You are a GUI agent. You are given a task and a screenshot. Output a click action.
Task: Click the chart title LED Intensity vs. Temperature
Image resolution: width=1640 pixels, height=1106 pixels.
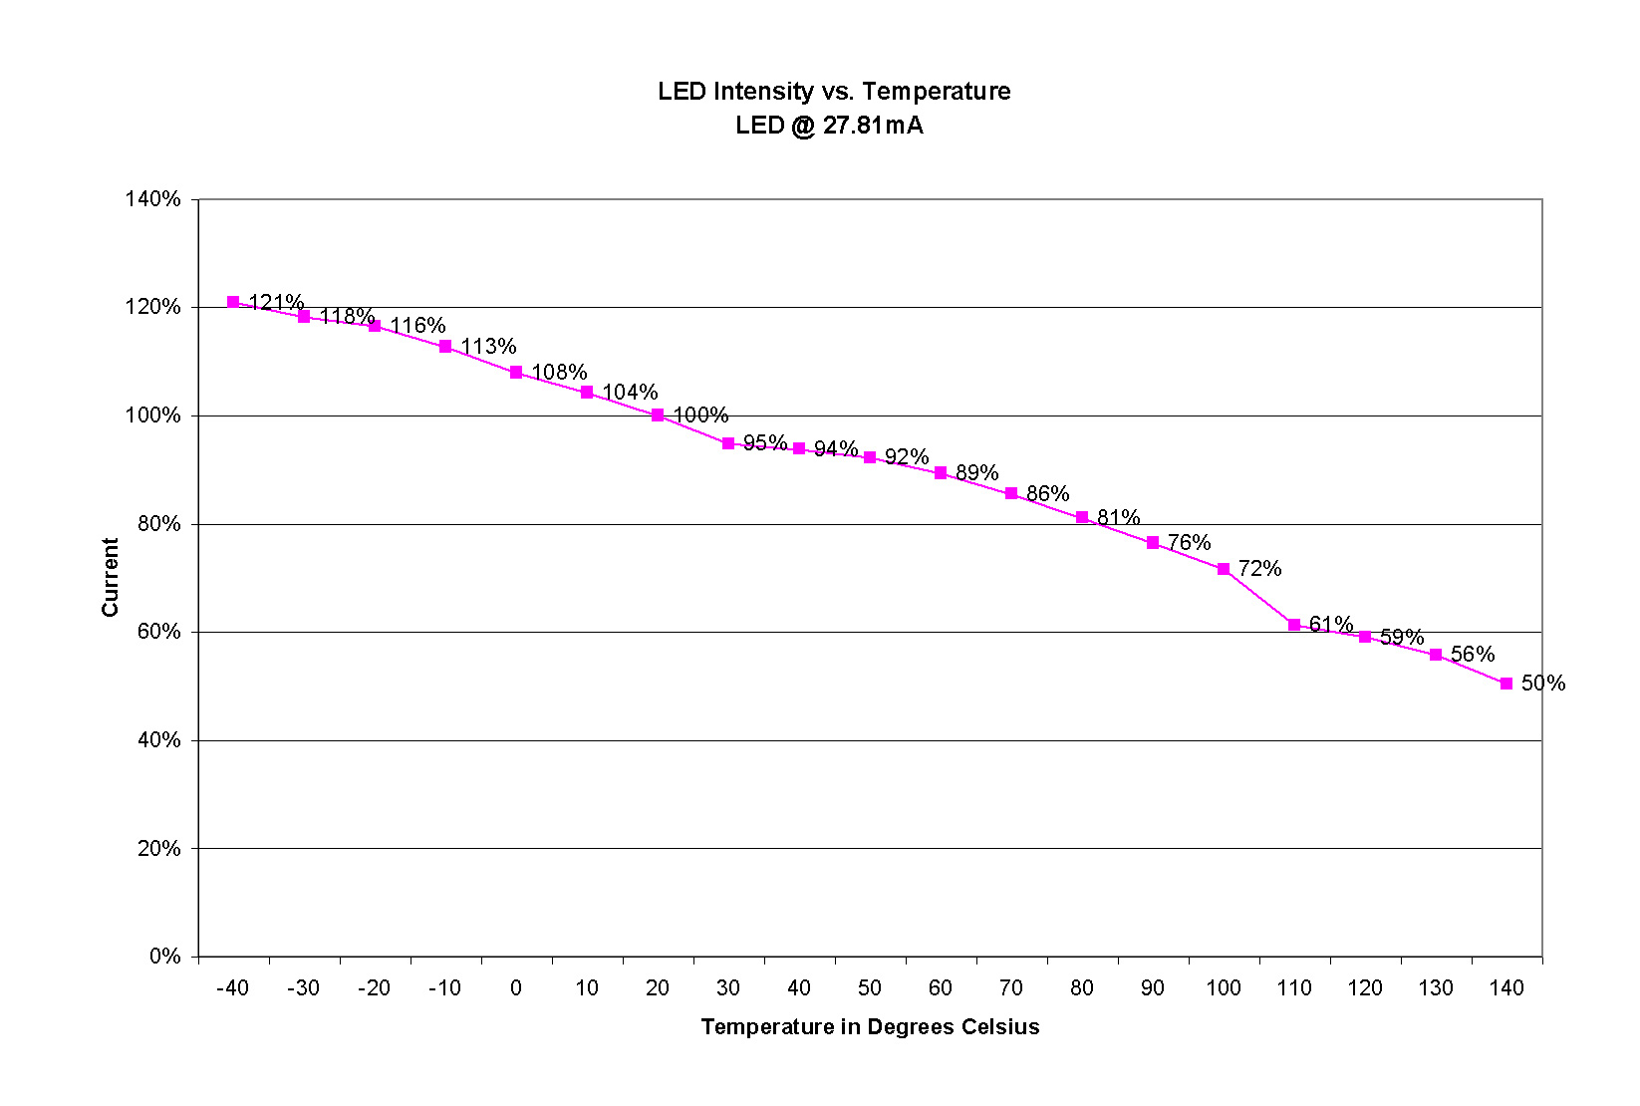pyautogui.click(x=834, y=92)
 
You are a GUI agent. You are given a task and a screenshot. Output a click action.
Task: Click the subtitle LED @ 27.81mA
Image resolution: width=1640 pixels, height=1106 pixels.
pyautogui.click(x=829, y=126)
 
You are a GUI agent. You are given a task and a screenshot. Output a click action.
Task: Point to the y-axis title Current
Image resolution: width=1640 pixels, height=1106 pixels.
pyautogui.click(x=110, y=577)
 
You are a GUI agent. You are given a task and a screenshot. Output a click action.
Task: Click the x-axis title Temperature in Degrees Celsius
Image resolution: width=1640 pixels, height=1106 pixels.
pyautogui.click(x=870, y=1027)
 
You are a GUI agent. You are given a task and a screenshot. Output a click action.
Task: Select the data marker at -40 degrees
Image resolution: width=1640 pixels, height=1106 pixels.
pyautogui.click(x=233, y=302)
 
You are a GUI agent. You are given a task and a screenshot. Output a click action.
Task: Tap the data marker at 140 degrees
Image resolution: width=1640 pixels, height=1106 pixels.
pyautogui.click(x=1506, y=684)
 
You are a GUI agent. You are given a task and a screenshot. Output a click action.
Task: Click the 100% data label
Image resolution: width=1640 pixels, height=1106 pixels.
pyautogui.click(x=700, y=415)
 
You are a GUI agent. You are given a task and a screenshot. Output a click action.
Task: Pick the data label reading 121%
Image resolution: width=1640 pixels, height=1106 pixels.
pyautogui.click(x=276, y=302)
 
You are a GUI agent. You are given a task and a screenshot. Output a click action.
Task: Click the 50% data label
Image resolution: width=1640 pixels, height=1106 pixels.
pyautogui.click(x=1543, y=684)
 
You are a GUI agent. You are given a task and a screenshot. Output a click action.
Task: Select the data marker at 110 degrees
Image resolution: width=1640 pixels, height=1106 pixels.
pyautogui.click(x=1294, y=625)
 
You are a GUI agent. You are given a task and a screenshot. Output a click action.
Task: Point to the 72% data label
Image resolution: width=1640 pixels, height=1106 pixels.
pyautogui.click(x=1260, y=569)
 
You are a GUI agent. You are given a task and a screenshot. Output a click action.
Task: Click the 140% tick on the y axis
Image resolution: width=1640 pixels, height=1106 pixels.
pyautogui.click(x=152, y=199)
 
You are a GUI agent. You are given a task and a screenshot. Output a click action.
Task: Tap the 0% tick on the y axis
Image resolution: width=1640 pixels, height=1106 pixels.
pyautogui.click(x=165, y=957)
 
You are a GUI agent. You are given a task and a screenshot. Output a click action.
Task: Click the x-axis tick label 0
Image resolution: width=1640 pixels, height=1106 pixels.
pyautogui.click(x=516, y=988)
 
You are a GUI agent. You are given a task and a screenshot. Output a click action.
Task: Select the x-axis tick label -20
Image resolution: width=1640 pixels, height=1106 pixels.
pyautogui.click(x=374, y=988)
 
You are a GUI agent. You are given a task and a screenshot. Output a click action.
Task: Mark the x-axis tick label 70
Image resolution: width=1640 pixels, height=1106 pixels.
pyautogui.click(x=1011, y=988)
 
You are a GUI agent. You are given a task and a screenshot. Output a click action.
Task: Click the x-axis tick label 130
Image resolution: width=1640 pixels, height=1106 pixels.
pyautogui.click(x=1436, y=988)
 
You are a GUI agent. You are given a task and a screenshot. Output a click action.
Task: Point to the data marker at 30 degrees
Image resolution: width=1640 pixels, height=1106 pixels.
pyautogui.click(x=728, y=443)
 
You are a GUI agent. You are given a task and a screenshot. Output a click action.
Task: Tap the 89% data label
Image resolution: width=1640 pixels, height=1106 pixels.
pyautogui.click(x=977, y=473)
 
